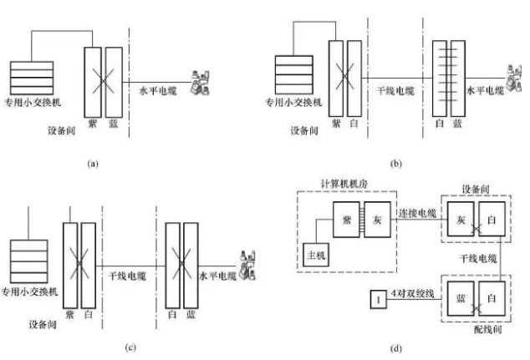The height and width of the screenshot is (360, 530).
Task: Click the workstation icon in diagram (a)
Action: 200,82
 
